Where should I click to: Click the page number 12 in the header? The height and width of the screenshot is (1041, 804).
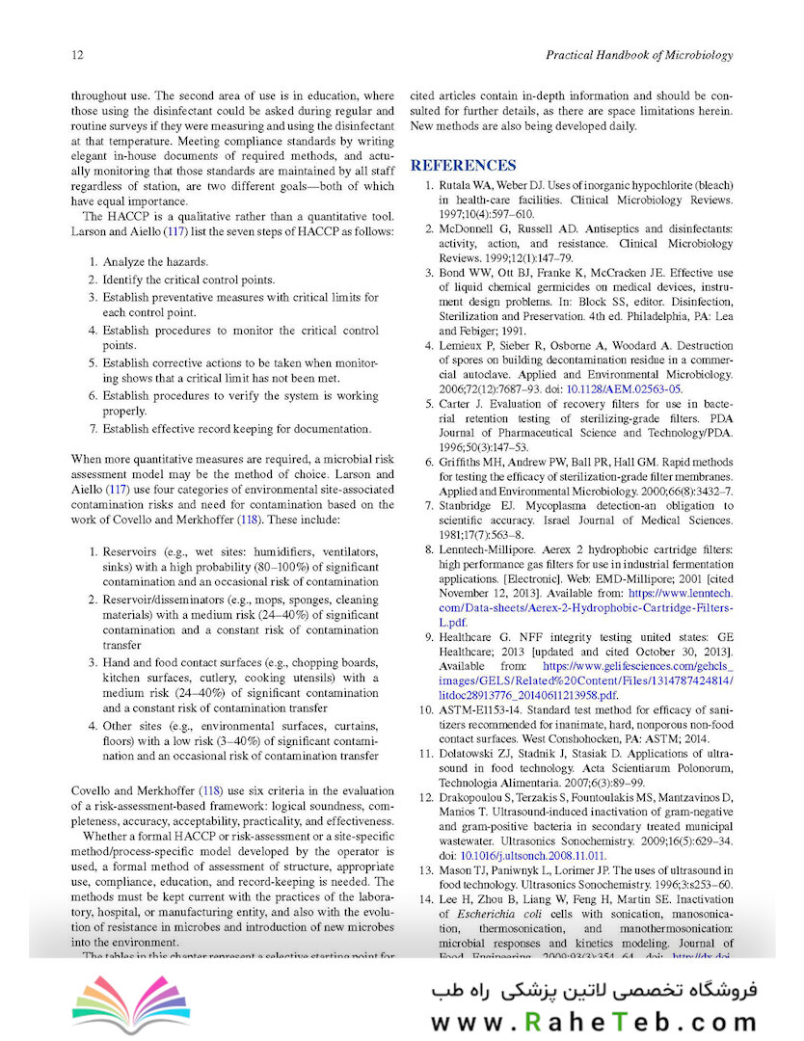[77, 56]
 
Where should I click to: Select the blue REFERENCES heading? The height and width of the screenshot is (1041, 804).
[463, 165]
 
